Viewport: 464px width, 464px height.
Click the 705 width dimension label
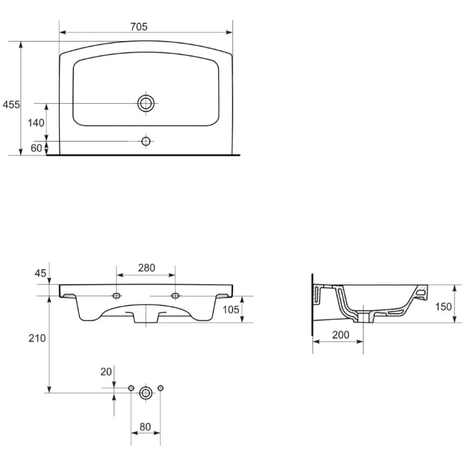[139, 27]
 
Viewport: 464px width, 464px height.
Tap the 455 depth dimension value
[11, 104]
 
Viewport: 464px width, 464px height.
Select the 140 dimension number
[36, 123]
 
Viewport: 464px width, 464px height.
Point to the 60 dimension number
[36, 148]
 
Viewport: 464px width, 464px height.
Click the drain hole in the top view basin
[146, 104]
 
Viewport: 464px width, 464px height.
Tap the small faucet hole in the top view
[146, 141]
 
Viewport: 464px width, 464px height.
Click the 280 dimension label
[147, 268]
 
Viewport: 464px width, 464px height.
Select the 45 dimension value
[40, 273]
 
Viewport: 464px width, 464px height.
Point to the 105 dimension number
[231, 309]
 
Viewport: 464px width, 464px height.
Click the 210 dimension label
[37, 338]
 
